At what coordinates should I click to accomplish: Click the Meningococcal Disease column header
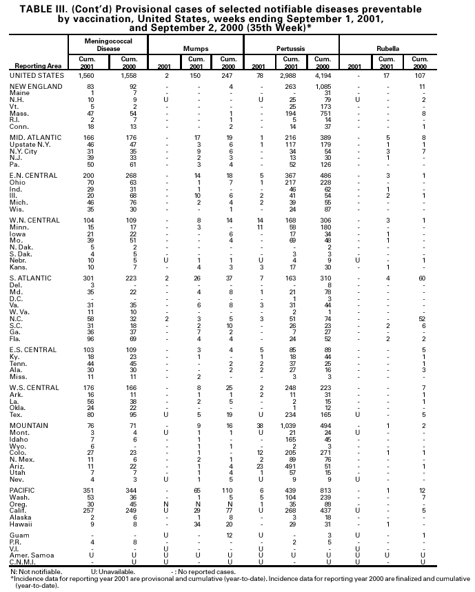pyautogui.click(x=107, y=45)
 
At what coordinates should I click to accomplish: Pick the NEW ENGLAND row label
pyautogui.click(x=33, y=87)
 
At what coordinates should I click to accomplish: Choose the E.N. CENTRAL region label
pyautogui.click(x=32, y=176)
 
